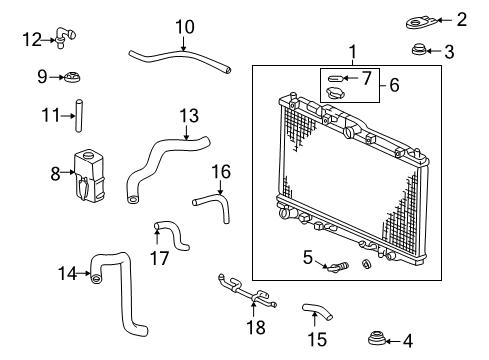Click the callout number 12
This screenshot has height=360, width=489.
(32, 40)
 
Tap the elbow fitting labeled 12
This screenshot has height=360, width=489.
(65, 36)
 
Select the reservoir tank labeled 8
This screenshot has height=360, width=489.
(89, 176)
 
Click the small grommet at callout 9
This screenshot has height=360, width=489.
(72, 77)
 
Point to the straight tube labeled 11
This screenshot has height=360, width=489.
(79, 115)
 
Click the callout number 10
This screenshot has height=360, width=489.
(185, 27)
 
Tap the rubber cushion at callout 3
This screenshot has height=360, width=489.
(418, 49)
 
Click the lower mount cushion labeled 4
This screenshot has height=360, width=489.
(377, 338)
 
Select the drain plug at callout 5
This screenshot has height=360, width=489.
(337, 267)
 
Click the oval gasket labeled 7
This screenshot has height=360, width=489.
(335, 78)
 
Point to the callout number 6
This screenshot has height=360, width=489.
(394, 85)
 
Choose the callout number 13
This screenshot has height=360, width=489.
(189, 116)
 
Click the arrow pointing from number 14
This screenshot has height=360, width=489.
(83, 273)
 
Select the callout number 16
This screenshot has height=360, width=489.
(221, 172)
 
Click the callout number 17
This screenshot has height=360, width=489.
(159, 258)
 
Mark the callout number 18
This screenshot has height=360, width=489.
(256, 327)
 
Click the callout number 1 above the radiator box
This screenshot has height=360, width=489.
(353, 52)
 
